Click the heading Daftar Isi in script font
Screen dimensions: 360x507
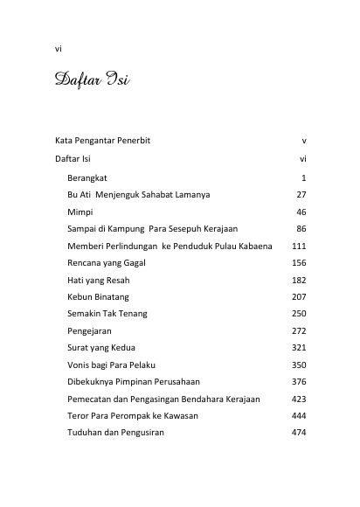(92, 86)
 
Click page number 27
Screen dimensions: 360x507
(301, 195)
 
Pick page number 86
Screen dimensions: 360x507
(301, 229)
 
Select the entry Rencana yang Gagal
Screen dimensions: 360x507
(107, 263)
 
